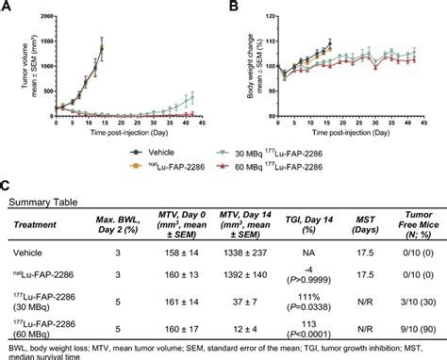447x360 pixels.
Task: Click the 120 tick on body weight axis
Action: point(270,14)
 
